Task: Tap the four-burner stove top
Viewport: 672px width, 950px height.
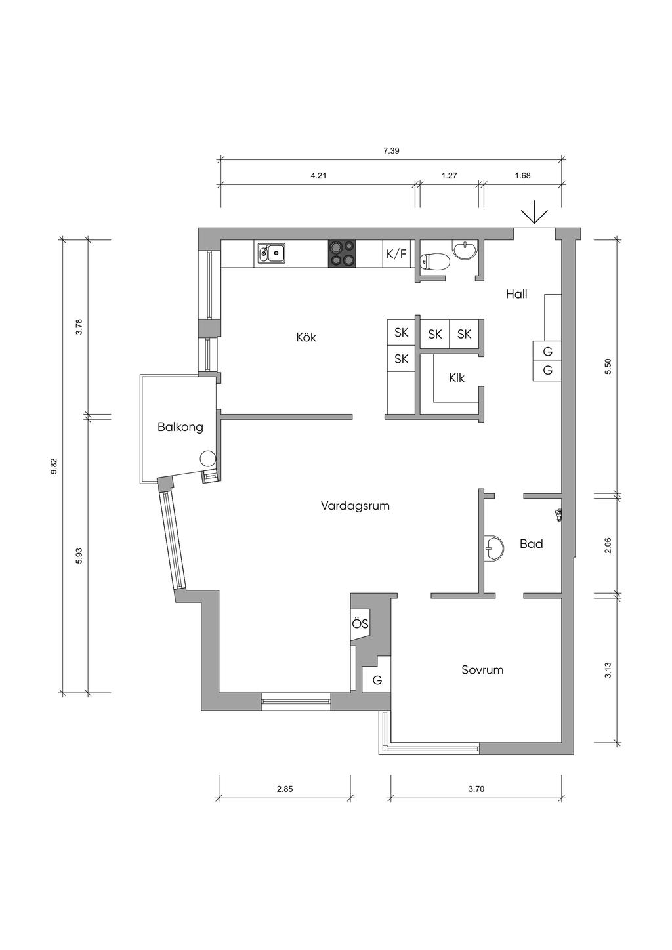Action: tap(341, 254)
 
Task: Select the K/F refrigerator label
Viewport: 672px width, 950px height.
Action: tap(396, 254)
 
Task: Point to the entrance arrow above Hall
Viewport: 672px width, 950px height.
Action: tap(535, 212)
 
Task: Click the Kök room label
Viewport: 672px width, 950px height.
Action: tap(306, 338)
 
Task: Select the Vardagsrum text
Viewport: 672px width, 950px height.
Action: tap(355, 506)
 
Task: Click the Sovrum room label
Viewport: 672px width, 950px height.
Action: tap(482, 670)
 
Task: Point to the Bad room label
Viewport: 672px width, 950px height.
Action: tap(532, 544)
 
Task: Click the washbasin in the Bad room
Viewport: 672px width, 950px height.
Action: tap(493, 548)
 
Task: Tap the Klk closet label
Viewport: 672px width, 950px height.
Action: tap(457, 377)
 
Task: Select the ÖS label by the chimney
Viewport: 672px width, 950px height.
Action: tap(360, 624)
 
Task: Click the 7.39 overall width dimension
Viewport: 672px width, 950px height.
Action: tap(391, 150)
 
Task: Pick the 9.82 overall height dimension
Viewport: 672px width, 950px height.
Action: tap(54, 466)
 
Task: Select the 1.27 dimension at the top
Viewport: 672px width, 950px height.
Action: tap(450, 176)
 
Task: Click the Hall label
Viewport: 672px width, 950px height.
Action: tap(516, 294)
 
